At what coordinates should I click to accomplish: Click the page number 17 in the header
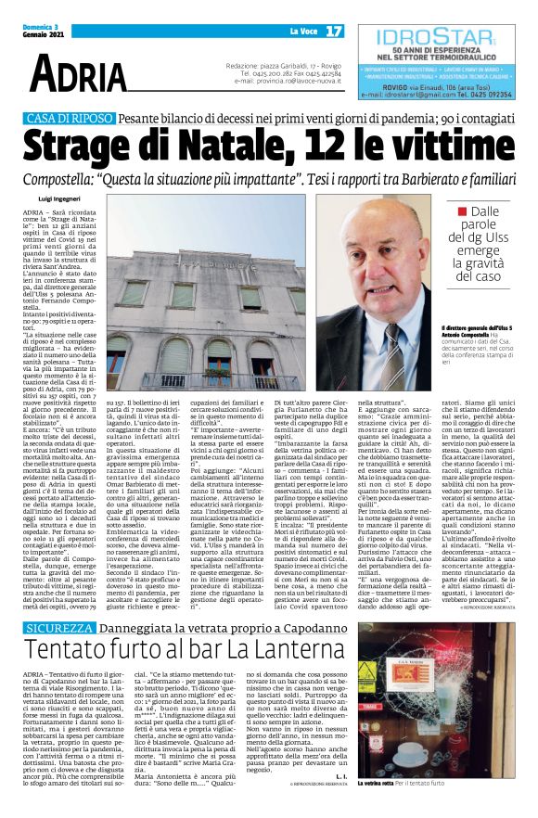[x=335, y=31]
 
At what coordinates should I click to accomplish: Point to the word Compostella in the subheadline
[x=75, y=180]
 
